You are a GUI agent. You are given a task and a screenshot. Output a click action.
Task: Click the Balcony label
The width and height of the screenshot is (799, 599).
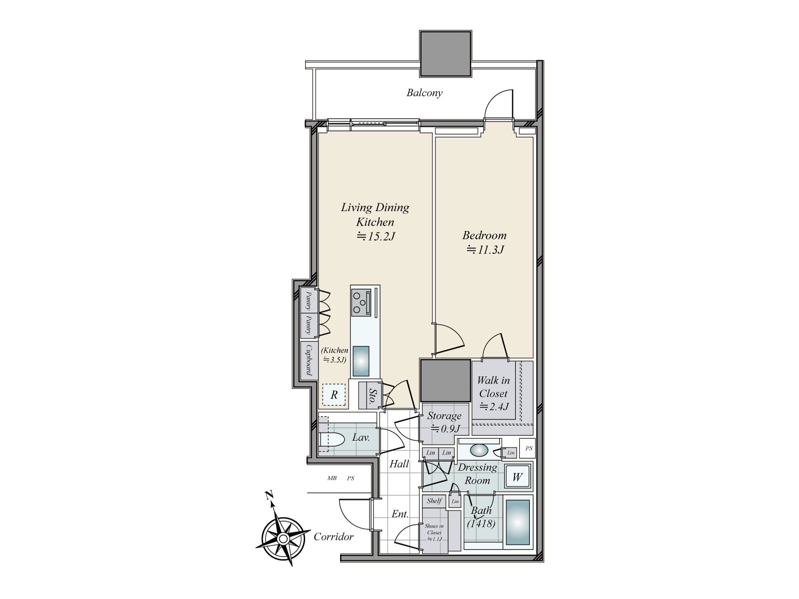pos(424,93)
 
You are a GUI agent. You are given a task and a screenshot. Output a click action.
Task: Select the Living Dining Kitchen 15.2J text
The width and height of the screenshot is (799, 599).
pos(375,222)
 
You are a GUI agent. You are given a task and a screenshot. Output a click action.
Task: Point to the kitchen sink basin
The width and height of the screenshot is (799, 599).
pos(361,360)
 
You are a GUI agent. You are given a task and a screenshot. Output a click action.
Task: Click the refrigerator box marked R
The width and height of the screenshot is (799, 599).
pos(334,394)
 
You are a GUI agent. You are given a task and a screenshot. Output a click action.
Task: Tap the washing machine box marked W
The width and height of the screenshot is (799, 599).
pos(517,477)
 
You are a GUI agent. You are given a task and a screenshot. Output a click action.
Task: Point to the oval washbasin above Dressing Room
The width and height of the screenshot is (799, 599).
pos(479,450)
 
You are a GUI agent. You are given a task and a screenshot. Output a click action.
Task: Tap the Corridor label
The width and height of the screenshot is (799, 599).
pos(334,537)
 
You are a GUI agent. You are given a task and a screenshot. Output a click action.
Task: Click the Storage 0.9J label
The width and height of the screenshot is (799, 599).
pos(444,422)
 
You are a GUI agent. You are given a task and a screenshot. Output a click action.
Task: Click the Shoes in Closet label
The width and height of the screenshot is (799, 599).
pos(434,532)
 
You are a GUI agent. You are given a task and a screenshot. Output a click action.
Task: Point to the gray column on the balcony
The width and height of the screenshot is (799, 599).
pos(445,53)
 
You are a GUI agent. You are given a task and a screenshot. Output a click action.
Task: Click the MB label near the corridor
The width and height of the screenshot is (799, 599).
pos(332,478)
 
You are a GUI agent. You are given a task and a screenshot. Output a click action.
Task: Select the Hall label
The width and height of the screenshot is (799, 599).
pos(399,464)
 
